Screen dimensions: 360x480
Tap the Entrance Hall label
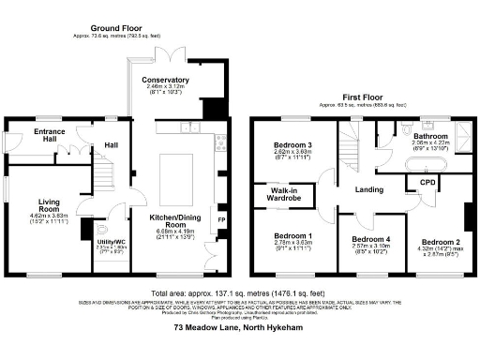(x=37, y=136)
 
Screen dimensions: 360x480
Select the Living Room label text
(x=49, y=205)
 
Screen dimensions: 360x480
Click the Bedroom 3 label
(x=292, y=144)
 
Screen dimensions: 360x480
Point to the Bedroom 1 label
(x=292, y=235)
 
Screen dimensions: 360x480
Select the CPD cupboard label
(x=427, y=181)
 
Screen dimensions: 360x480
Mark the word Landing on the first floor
(x=369, y=189)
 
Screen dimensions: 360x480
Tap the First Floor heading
(x=365, y=96)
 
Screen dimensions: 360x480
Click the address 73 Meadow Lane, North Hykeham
(x=240, y=327)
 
